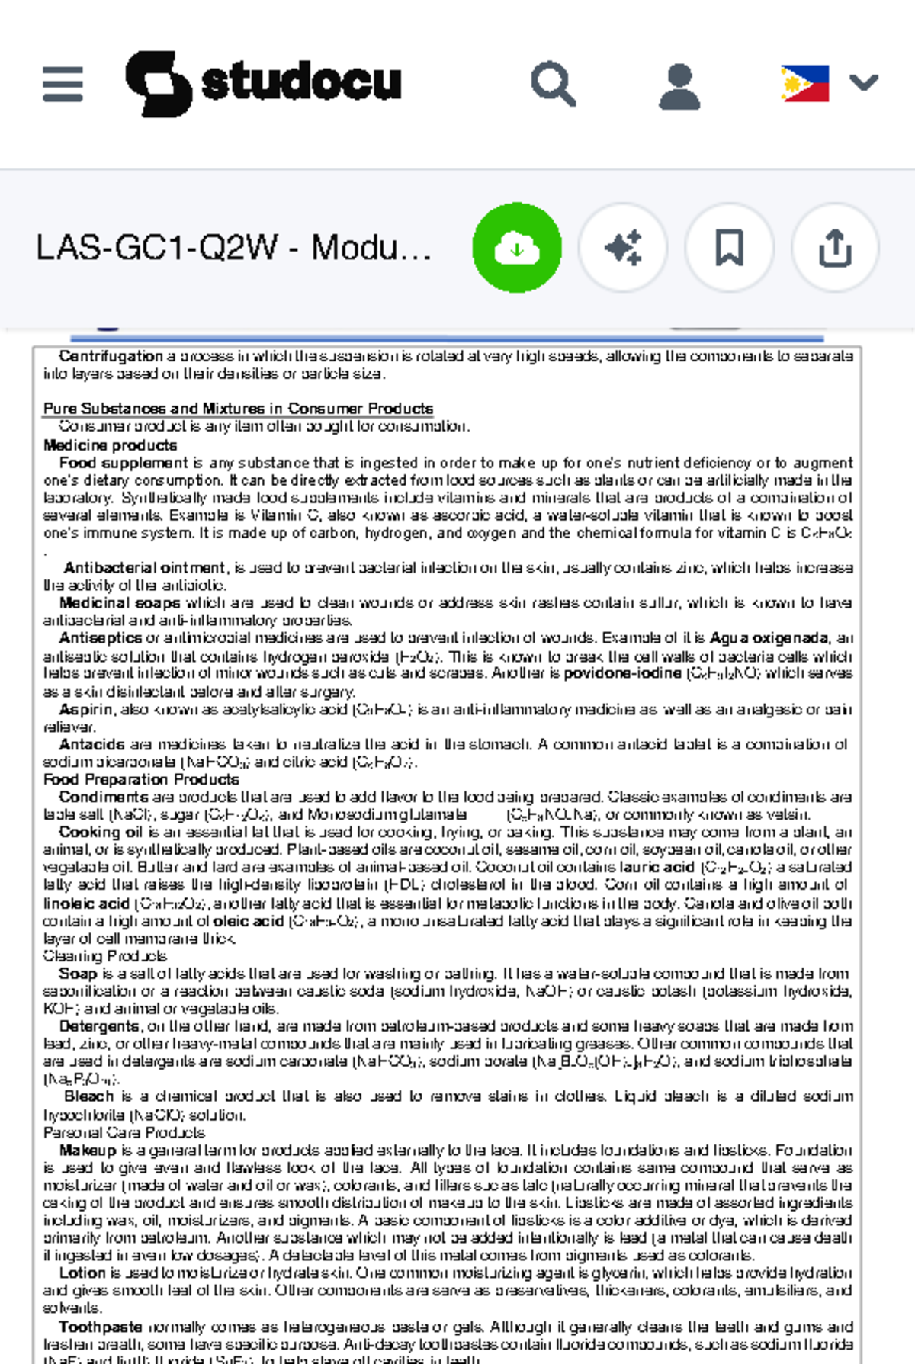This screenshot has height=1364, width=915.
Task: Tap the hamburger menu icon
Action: [63, 84]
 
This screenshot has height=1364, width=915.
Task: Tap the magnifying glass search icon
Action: [553, 84]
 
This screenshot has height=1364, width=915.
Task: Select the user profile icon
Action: [679, 85]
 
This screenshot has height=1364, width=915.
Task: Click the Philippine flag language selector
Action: [805, 83]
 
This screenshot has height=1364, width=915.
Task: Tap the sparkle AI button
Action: [623, 248]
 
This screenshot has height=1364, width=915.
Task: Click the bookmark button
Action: [729, 248]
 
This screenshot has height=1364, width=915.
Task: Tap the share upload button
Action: [835, 248]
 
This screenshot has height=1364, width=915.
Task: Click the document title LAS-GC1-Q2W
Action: [233, 248]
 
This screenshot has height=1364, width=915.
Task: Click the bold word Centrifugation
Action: [111, 356]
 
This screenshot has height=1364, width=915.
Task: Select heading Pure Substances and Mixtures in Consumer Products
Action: [238, 409]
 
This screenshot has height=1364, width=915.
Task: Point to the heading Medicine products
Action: [110, 445]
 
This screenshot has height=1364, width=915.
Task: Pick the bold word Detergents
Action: [99, 1026]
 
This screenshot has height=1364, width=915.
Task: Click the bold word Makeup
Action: [88, 1151]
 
